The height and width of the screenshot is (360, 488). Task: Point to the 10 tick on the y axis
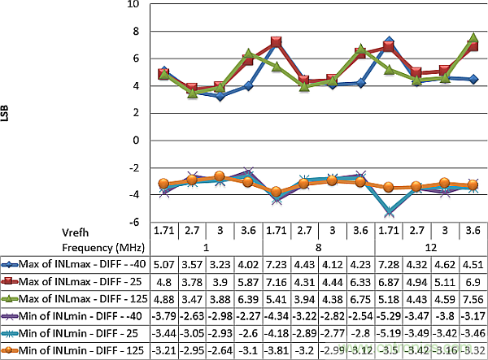click(x=134, y=4)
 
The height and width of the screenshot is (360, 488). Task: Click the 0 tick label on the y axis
click(x=137, y=140)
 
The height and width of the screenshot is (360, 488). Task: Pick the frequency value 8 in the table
click(x=319, y=247)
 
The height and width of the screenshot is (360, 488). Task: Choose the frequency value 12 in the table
click(x=429, y=247)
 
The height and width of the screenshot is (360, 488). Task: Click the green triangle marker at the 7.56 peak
click(x=473, y=38)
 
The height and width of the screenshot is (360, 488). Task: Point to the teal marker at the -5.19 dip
click(x=389, y=210)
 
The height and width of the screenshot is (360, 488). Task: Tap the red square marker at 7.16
click(x=277, y=41)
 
